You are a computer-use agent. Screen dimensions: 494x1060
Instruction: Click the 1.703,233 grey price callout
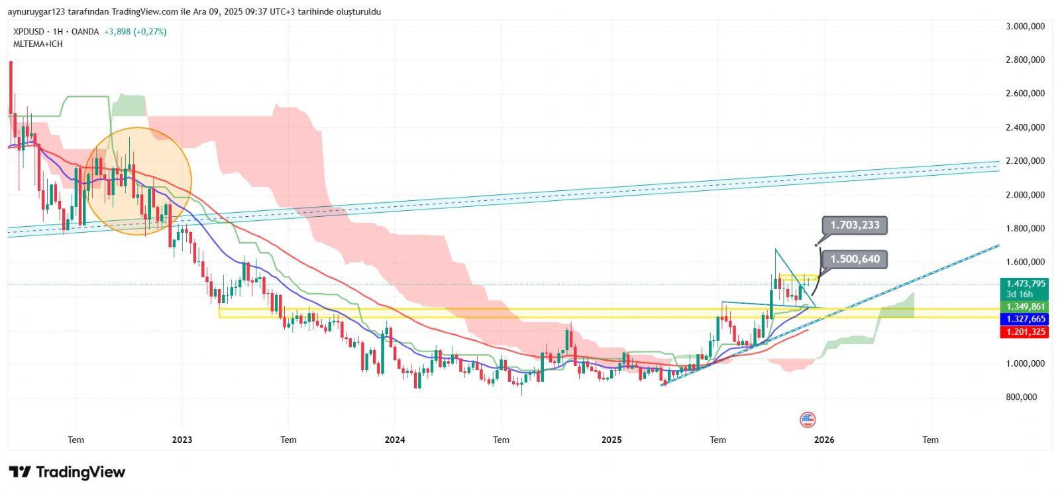pyautogui.click(x=855, y=225)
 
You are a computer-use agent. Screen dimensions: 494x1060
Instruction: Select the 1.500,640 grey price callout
pyautogui.click(x=855, y=259)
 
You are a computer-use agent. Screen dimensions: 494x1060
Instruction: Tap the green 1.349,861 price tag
pyautogui.click(x=1025, y=307)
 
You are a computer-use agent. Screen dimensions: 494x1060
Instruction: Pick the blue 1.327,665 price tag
pyautogui.click(x=1025, y=320)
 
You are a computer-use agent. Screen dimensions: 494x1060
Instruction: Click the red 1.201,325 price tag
pyautogui.click(x=1025, y=332)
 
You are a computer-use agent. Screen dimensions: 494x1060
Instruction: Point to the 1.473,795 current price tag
pyautogui.click(x=1025, y=284)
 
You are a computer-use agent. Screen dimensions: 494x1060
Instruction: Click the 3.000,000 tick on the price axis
pyautogui.click(x=1025, y=27)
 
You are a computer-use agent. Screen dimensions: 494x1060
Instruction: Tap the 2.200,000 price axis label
pyautogui.click(x=1025, y=161)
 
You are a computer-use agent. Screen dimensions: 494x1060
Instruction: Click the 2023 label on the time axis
pyautogui.click(x=182, y=440)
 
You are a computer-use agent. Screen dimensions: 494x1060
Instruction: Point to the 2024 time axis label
pyautogui.click(x=395, y=440)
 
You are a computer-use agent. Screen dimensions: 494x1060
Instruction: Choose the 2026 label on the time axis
pyautogui.click(x=824, y=440)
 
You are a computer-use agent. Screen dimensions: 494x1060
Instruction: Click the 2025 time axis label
pyautogui.click(x=611, y=440)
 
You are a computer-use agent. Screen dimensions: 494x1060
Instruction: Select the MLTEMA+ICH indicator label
pyautogui.click(x=38, y=44)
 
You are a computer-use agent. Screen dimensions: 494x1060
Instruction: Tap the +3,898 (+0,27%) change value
pyautogui.click(x=135, y=32)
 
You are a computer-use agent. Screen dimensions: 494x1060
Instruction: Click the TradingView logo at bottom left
pyautogui.click(x=67, y=472)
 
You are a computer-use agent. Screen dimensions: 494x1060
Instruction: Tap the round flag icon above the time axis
pyautogui.click(x=808, y=419)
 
